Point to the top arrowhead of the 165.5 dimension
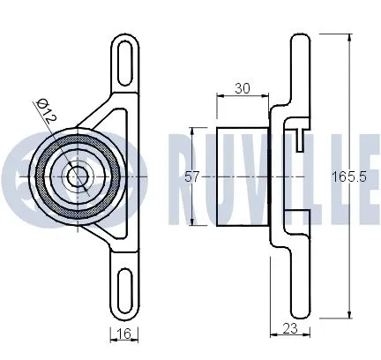click(x=353, y=36)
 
